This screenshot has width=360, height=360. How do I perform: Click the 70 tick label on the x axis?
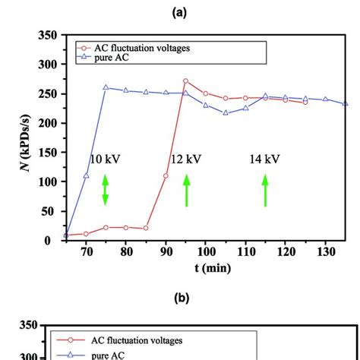86,251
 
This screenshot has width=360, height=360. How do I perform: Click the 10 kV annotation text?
105,159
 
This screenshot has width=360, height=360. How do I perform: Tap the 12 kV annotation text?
186,159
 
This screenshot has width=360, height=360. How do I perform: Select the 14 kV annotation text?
264,159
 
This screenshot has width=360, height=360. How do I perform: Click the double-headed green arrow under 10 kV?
106,190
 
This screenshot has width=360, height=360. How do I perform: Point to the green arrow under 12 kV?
186,190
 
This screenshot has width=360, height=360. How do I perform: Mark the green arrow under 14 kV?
265,190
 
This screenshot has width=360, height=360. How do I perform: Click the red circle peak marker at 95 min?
186,81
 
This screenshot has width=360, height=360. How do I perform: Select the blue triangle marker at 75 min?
106,87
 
